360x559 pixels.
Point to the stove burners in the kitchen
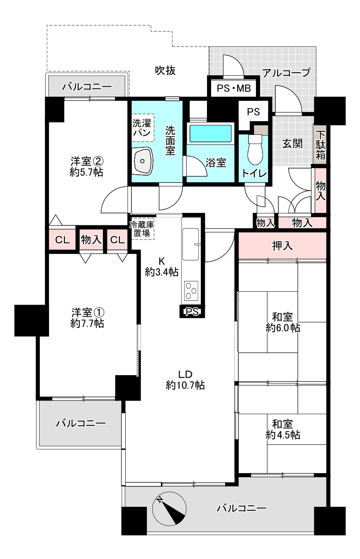pyautogui.click(x=191, y=290)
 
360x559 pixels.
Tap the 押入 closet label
pyautogui.click(x=282, y=246)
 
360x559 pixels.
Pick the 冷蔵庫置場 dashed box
pyautogui.click(x=142, y=229)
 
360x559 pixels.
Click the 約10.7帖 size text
pyautogui.click(x=185, y=385)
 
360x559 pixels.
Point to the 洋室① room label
pyautogui.click(x=87, y=312)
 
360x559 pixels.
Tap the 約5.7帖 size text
pyautogui.click(x=86, y=173)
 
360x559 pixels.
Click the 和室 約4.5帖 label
pyautogui.click(x=283, y=430)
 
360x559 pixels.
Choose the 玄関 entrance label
pyautogui.click(x=292, y=144)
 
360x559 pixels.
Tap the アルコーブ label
pyautogui.click(x=286, y=73)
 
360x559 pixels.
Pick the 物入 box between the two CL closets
pyautogui.click(x=91, y=240)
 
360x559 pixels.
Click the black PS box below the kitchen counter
pyautogui.click(x=191, y=311)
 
